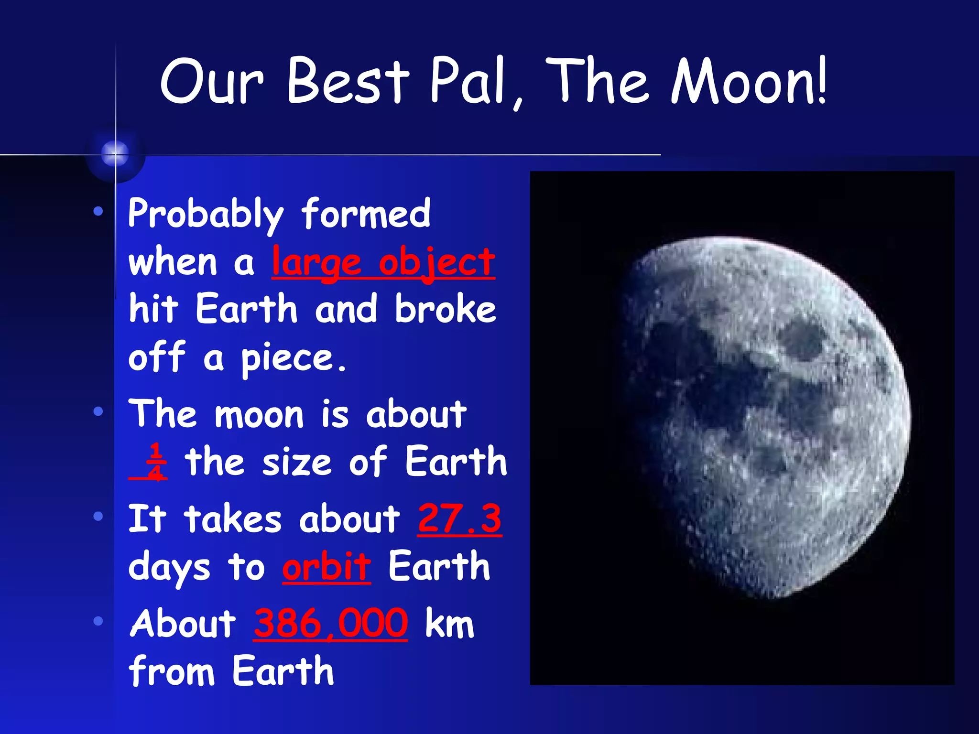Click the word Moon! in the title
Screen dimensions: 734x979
tap(748, 81)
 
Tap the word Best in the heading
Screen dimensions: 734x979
tap(348, 81)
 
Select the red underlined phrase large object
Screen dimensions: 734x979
tap(383, 263)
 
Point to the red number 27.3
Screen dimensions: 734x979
tap(459, 519)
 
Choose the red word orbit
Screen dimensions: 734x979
tap(326, 567)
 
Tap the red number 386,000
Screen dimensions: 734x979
tap(330, 624)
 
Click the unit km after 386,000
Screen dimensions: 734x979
tap(449, 624)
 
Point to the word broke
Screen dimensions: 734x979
tap(446, 310)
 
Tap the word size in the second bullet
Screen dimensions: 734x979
tap(296, 463)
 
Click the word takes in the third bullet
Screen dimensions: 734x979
tap(233, 519)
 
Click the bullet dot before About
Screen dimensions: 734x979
tap(98, 621)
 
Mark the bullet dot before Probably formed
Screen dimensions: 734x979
tap(98, 211)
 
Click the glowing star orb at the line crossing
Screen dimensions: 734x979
tap(115, 154)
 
